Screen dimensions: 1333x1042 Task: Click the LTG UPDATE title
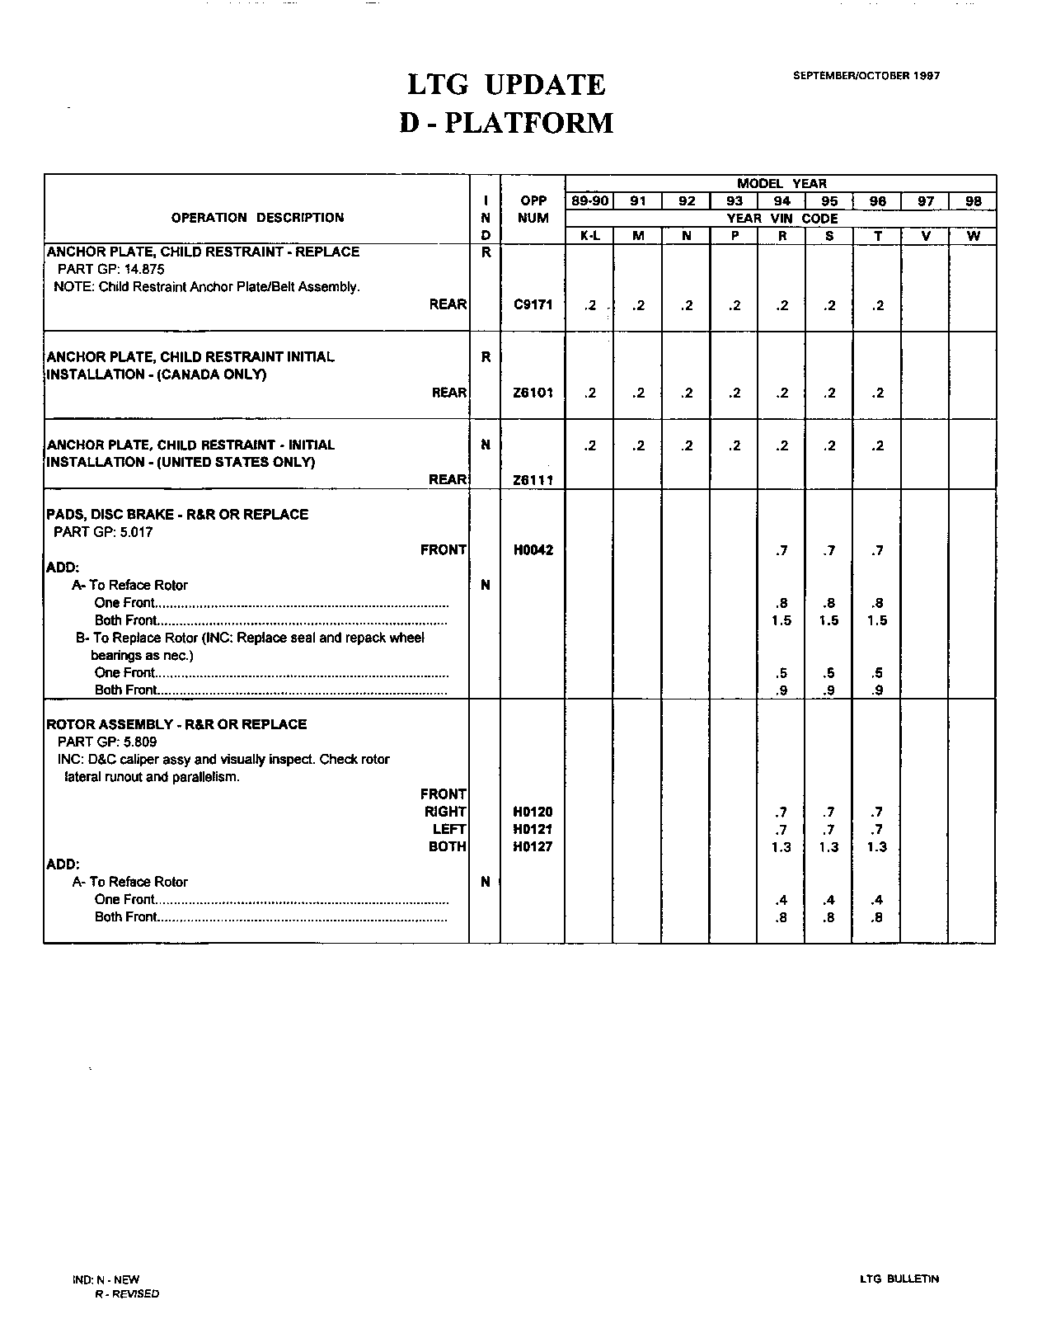(506, 85)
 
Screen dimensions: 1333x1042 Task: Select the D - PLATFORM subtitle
(506, 123)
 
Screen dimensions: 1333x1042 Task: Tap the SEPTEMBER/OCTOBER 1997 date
(866, 75)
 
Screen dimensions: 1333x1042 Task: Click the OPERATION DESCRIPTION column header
(257, 218)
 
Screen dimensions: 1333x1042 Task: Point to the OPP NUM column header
(533, 210)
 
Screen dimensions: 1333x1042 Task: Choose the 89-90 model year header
(589, 201)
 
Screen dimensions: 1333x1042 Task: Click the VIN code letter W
(973, 236)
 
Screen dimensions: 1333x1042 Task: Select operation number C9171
(533, 304)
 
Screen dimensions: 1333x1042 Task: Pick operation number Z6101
(533, 393)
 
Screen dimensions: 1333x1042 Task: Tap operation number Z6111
(533, 480)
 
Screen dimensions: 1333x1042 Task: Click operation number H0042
(533, 550)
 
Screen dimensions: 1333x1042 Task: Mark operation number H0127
(533, 846)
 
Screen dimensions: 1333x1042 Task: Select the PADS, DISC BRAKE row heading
(177, 514)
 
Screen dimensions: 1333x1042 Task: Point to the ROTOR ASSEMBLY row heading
(176, 724)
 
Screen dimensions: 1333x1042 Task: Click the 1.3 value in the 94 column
(781, 847)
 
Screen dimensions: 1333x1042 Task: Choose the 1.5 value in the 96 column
(877, 620)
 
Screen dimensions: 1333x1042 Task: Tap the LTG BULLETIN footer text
(899, 1279)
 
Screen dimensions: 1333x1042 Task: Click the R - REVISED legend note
(127, 1293)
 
